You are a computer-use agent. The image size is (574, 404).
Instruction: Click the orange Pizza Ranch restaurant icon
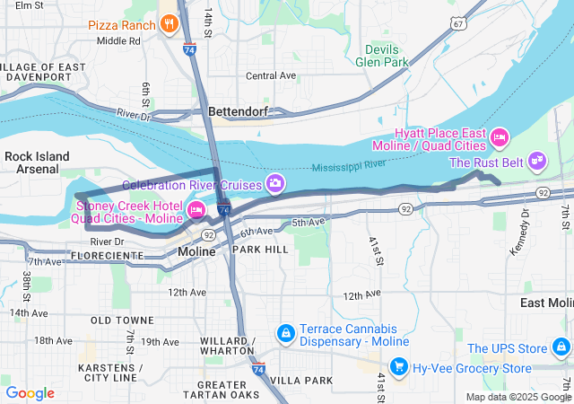[x=168, y=24]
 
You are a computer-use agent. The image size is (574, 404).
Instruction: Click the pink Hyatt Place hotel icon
[x=500, y=138]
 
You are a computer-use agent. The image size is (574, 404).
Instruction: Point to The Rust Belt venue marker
[x=536, y=162]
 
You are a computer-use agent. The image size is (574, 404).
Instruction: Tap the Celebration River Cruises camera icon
[x=275, y=184]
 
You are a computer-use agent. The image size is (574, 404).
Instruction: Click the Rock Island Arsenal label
[x=37, y=162]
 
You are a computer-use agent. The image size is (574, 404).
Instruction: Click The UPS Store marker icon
[x=561, y=348]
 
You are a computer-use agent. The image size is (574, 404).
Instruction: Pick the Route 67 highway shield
[x=458, y=24]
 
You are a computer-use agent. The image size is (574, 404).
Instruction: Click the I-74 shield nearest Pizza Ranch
[x=189, y=50]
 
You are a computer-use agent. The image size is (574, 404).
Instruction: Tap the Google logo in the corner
[x=30, y=393]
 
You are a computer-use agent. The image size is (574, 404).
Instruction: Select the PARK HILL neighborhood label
[x=260, y=249]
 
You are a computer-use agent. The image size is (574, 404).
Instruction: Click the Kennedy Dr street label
[x=518, y=235]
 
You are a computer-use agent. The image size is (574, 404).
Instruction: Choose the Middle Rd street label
[x=118, y=40]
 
